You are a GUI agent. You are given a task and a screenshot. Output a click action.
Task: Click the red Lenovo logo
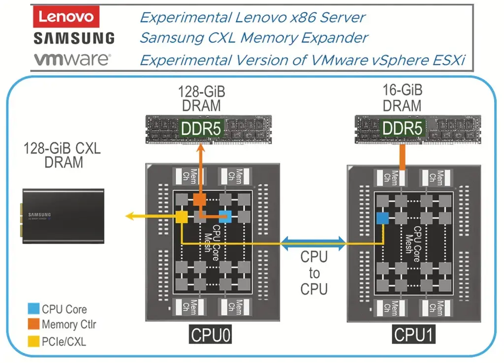(66, 17)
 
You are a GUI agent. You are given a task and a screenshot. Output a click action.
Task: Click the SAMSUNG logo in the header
(74, 38)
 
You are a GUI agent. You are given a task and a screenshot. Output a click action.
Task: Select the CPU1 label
(414, 336)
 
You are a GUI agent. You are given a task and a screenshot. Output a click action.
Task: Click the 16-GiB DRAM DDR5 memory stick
(403, 129)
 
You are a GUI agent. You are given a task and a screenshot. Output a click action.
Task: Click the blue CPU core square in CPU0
(225, 216)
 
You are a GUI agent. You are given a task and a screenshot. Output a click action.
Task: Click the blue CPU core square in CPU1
(382, 218)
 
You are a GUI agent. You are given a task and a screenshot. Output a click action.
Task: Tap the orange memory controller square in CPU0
(199, 199)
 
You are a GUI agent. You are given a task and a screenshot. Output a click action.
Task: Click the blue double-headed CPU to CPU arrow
(313, 242)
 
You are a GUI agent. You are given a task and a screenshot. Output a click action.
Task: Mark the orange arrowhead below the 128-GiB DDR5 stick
(201, 148)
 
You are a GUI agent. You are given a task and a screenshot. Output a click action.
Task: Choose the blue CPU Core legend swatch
(33, 309)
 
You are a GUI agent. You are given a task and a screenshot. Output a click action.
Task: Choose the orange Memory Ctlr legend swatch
(33, 324)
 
